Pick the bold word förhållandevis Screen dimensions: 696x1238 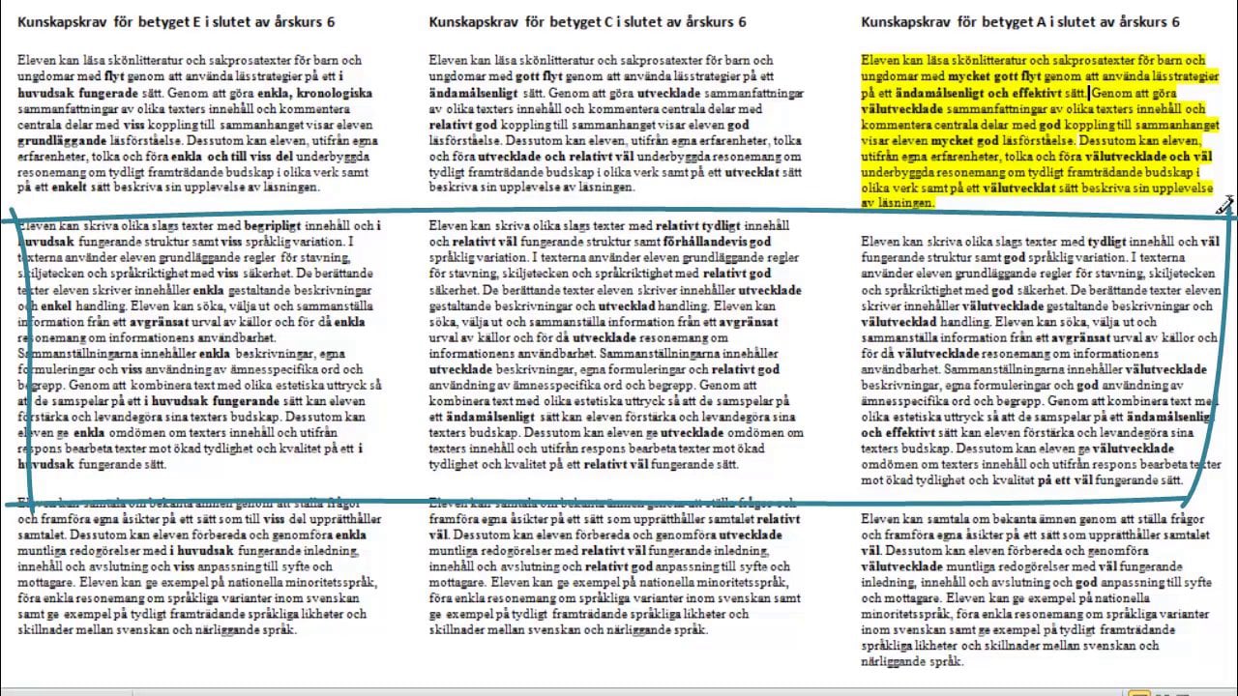click(x=705, y=242)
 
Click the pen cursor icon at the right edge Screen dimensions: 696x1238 click(x=1224, y=205)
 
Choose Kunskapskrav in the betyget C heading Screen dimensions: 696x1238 click(x=472, y=21)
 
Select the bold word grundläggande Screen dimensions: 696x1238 click(x=60, y=139)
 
